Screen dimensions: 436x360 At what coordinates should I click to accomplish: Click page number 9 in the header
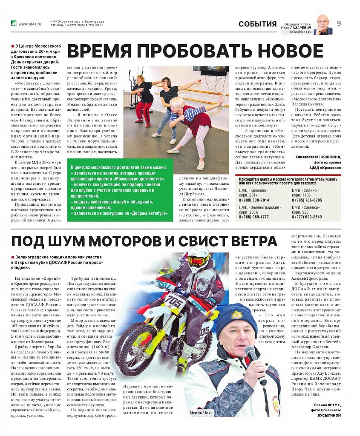pyautogui.click(x=339, y=24)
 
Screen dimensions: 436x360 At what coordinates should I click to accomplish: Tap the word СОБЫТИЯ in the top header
pyautogui.click(x=257, y=24)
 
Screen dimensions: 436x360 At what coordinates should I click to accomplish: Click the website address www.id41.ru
pyautogui.click(x=30, y=24)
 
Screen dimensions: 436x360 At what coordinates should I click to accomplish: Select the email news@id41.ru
pyautogui.click(x=301, y=32)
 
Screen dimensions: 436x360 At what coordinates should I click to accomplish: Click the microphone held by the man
pyautogui.click(x=251, y=353)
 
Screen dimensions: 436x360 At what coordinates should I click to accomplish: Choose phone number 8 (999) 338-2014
pyautogui.click(x=253, y=200)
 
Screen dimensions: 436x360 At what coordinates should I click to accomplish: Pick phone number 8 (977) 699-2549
pyautogui.click(x=306, y=217)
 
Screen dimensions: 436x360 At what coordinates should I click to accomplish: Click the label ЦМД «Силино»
pyautogui.click(x=305, y=190)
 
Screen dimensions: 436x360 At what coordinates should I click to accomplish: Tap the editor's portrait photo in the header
pyautogui.click(x=324, y=25)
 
